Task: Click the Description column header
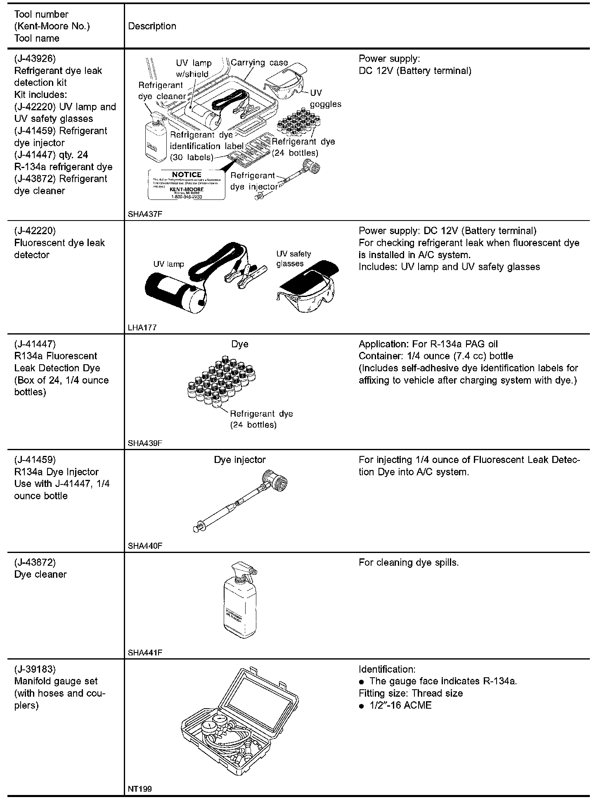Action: pos(152,26)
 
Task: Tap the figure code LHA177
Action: pos(142,327)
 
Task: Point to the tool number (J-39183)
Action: pos(35,669)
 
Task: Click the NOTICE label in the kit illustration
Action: pos(187,184)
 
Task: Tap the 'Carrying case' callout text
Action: pos(259,62)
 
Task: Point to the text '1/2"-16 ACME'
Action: pos(400,705)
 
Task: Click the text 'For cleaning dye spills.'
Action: pos(408,562)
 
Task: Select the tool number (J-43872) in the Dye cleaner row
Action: pos(35,562)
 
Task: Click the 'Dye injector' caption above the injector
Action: pos(239,460)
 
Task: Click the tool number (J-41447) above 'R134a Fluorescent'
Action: pos(35,344)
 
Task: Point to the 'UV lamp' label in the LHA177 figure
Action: pos(168,264)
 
